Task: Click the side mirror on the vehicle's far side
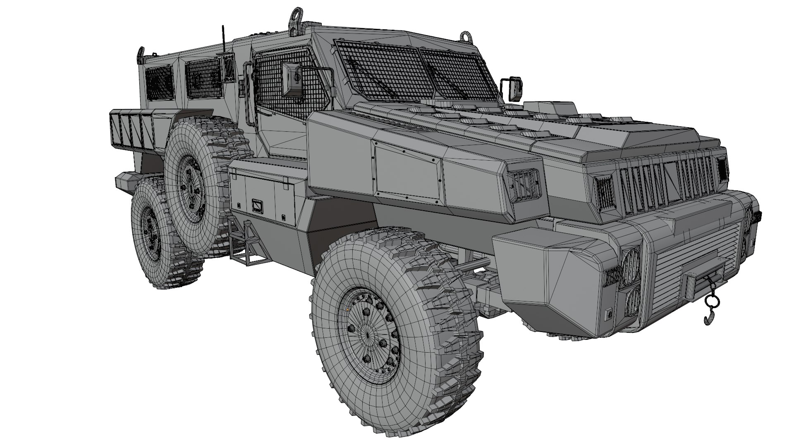click(515, 88)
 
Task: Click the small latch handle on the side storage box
click(257, 205)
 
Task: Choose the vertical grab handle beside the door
click(248, 93)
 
